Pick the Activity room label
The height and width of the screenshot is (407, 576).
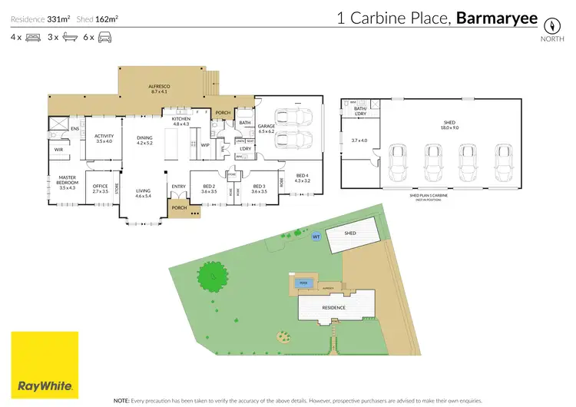pos(104,139)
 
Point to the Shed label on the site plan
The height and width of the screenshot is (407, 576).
pos(350,233)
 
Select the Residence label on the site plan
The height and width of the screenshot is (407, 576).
pos(333,308)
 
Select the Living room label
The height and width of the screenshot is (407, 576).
pos(144,194)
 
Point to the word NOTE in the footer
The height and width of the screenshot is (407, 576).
pos(122,401)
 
